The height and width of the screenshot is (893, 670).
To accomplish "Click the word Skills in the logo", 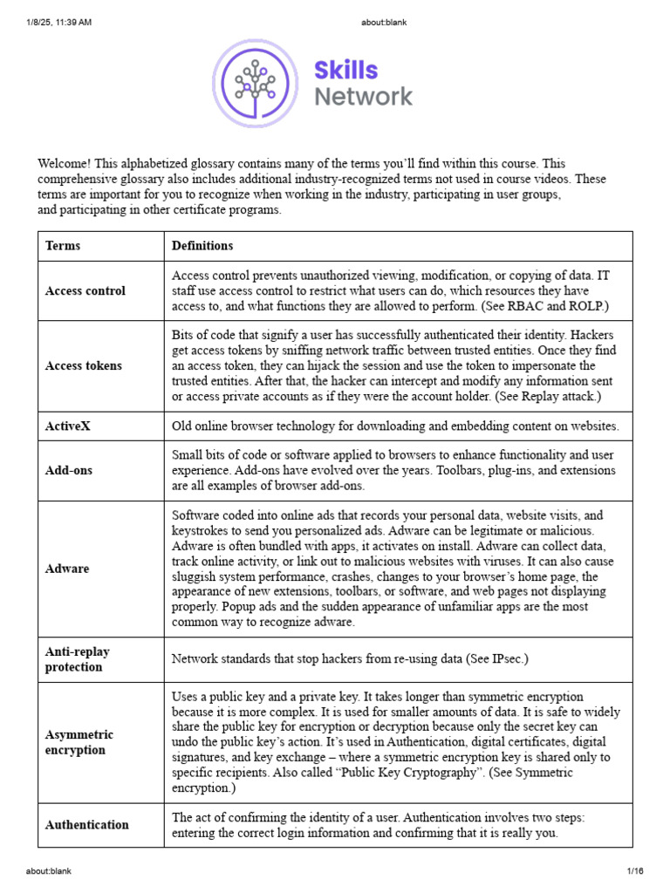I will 346,70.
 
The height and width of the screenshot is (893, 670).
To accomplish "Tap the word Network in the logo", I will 363,97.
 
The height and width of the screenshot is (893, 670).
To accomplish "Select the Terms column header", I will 63,246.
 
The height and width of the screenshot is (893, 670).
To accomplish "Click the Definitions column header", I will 202,246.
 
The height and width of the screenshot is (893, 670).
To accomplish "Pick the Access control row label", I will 85,291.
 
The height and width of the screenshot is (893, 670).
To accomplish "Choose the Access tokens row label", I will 84,366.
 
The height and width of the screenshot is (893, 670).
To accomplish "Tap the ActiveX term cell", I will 68,426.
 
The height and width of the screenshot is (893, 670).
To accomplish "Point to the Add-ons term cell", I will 69,471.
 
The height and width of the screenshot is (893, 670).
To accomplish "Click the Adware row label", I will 67,569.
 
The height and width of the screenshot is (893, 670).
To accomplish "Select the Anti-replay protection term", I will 78,659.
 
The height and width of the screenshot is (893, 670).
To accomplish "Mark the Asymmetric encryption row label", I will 79,742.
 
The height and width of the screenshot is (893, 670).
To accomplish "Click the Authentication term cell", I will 87,825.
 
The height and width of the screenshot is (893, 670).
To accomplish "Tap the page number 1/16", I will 634,871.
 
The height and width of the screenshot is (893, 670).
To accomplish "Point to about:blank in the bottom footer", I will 49,871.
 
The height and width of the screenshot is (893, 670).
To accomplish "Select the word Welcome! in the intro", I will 65,164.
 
